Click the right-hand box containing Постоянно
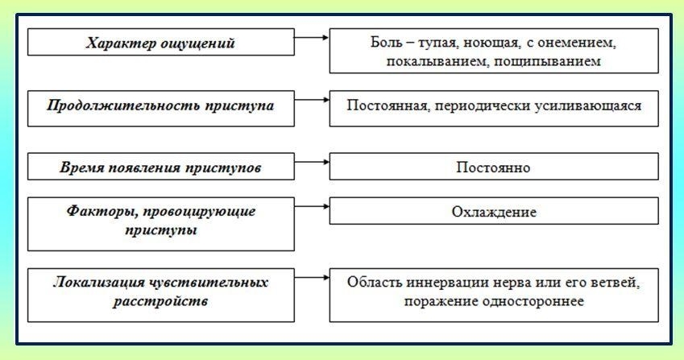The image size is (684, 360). coord(493,168)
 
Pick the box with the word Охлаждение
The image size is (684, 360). coord(493,213)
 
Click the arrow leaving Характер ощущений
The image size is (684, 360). coord(311,37)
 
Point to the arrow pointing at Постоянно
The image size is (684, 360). coord(311,162)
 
